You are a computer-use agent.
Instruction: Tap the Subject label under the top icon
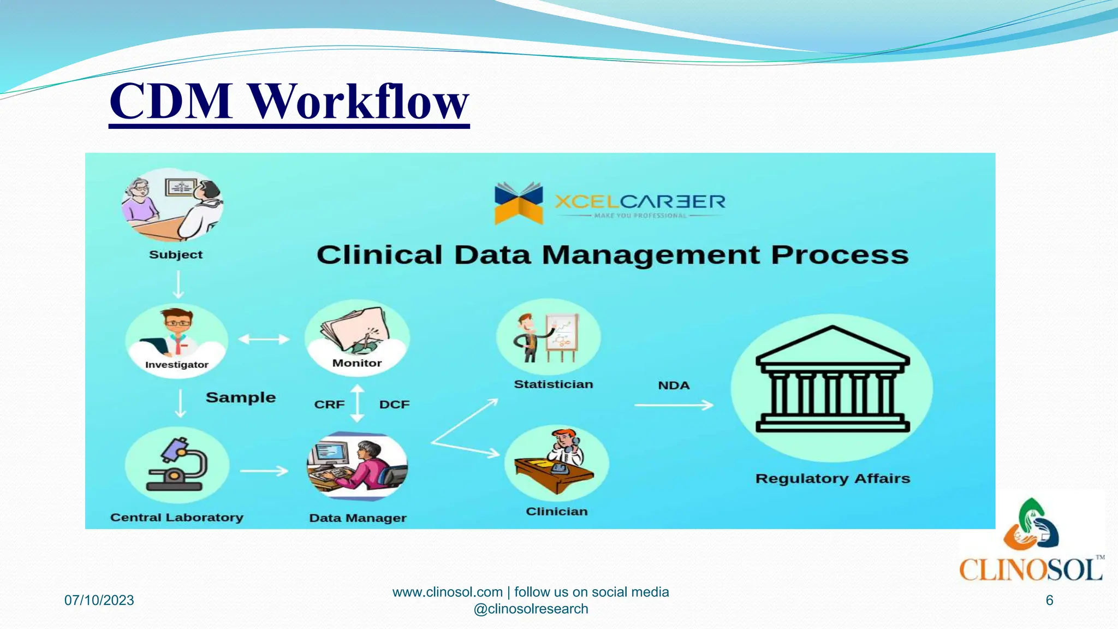coord(175,255)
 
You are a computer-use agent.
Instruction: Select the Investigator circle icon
coord(176,339)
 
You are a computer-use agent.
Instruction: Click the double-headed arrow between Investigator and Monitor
coord(264,339)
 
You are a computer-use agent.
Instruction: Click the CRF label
coord(329,405)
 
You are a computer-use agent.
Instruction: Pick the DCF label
coord(394,405)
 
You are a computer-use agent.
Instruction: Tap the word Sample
coord(241,397)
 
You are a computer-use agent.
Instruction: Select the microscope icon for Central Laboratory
coord(177,465)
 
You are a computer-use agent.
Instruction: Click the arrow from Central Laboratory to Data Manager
coord(264,471)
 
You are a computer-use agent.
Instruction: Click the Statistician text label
coord(553,384)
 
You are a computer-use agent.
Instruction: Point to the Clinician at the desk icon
coord(556,462)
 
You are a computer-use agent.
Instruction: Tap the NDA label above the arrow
coord(674,385)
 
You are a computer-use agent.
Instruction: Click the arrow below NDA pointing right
coord(674,405)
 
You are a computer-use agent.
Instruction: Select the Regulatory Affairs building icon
coord(832,381)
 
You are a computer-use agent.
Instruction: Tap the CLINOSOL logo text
coord(1031,570)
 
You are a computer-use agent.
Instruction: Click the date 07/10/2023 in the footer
coord(99,600)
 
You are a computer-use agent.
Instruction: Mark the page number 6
coord(1049,600)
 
